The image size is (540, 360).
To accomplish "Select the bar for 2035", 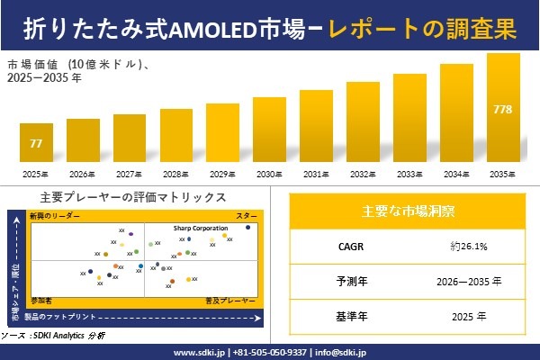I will click(503, 108).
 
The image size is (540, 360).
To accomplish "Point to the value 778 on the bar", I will click(503, 109).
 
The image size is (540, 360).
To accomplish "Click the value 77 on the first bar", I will click(36, 143).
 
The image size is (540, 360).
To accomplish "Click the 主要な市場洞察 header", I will click(408, 212).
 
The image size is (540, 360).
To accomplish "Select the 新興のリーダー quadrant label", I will click(55, 217).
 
